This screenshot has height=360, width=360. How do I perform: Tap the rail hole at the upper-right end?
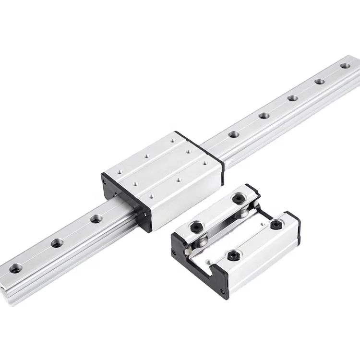click(345, 65)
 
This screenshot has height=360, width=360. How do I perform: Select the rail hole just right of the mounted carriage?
click(234, 134)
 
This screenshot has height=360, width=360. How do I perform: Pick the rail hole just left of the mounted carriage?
click(96, 219)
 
